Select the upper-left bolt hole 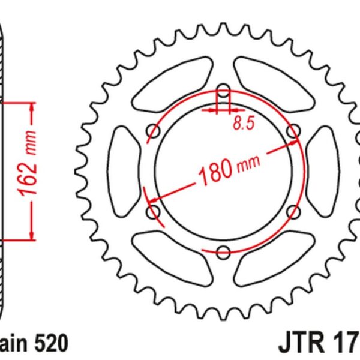(x=152, y=131)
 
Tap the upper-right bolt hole (x=293, y=130)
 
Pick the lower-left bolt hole (x=152, y=211)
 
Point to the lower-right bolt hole (x=293, y=211)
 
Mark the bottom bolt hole (x=223, y=251)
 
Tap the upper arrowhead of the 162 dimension (x=30, y=109)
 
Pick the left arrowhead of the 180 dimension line (x=152, y=198)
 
